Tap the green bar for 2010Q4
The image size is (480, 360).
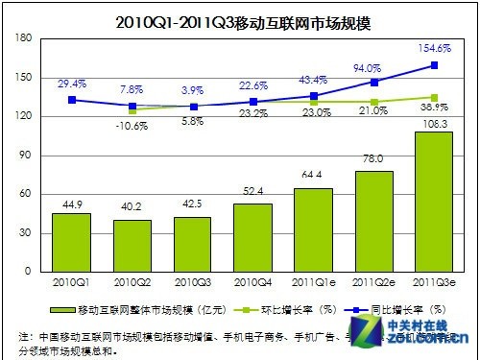tap(253, 236)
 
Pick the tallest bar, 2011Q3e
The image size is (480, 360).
tap(434, 201)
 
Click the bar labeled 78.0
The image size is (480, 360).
tap(373, 220)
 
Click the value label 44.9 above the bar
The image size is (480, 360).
tap(71, 204)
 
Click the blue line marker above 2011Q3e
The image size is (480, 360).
tap(434, 65)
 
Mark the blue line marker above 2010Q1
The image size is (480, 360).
tap(71, 99)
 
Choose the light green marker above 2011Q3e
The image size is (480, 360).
tap(434, 97)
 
